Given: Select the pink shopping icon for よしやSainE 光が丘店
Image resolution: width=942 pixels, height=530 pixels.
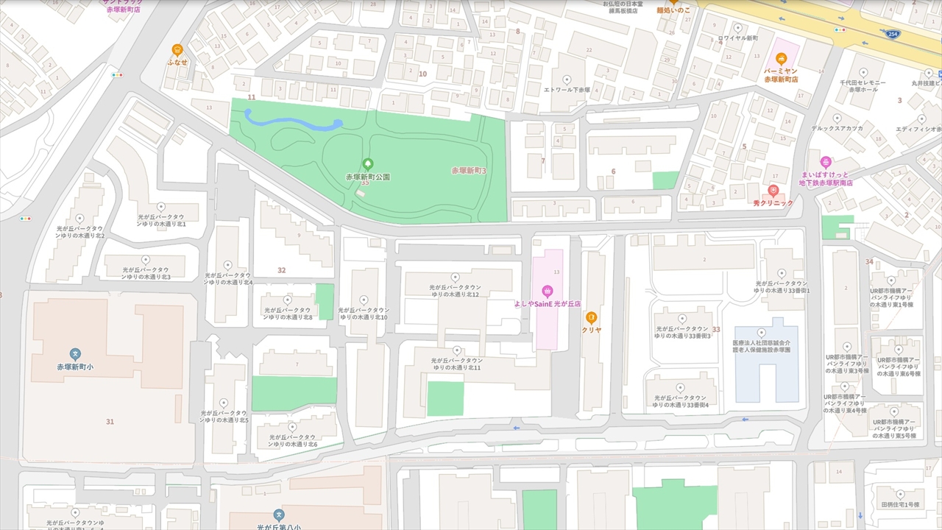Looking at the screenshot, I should [x=547, y=290].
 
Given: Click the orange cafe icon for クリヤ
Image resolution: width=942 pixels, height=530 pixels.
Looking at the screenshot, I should [x=591, y=317].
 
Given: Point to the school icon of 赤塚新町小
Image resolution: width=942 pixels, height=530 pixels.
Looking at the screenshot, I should [x=74, y=354].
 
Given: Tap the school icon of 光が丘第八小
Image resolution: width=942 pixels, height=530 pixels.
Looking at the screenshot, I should [x=278, y=515].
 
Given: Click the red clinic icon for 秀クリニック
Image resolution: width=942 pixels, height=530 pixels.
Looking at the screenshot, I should [x=773, y=191].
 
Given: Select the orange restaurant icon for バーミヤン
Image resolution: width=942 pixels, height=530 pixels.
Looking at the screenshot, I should [x=781, y=59].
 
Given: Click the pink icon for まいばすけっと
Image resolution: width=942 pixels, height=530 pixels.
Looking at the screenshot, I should [x=826, y=161].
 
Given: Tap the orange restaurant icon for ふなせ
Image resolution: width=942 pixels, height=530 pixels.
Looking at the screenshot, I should [x=177, y=50].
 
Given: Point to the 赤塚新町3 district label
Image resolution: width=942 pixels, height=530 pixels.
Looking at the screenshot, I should [x=469, y=171].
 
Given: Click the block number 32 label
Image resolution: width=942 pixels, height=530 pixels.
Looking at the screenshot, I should [x=281, y=270].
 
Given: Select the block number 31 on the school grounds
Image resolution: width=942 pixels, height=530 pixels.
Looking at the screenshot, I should [x=110, y=422].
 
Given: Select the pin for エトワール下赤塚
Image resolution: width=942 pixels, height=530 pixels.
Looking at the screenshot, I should [x=567, y=78].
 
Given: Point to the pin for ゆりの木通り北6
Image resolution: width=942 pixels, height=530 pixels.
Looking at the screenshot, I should [x=292, y=426].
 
